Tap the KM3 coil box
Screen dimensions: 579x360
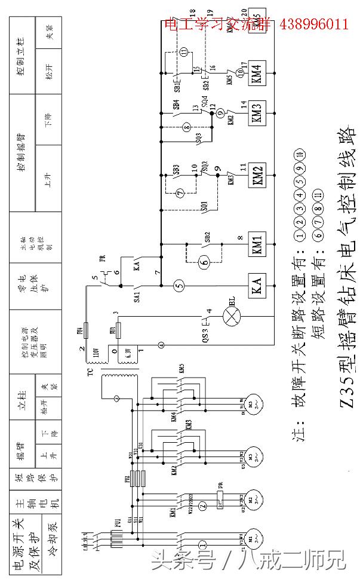257,113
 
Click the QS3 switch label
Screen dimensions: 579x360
204,330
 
